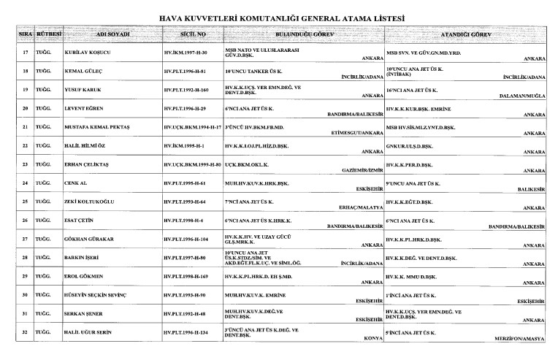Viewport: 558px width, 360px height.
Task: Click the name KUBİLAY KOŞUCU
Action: point(82,53)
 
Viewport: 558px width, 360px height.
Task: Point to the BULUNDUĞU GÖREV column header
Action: point(304,34)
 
